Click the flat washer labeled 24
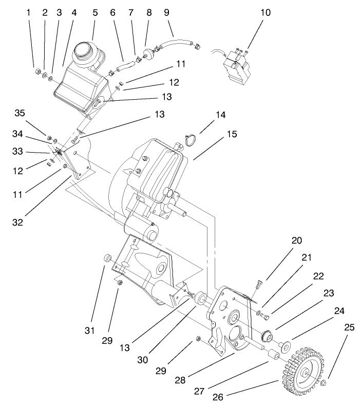[284, 343]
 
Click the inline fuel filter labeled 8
[149, 52]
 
